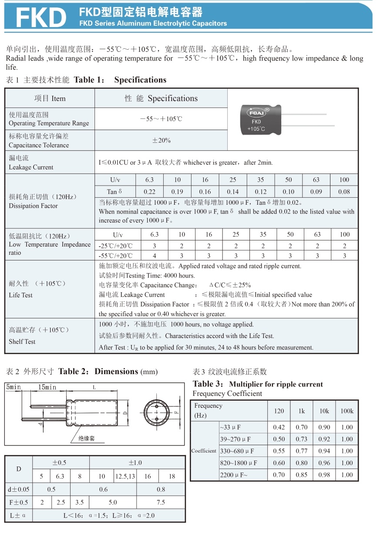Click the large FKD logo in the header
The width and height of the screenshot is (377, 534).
[41, 17]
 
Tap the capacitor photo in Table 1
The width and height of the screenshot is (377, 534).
[270, 118]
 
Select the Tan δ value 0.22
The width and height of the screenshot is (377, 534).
[149, 192]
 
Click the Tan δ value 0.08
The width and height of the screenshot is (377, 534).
[344, 192]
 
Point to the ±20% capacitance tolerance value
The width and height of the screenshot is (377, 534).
[161, 140]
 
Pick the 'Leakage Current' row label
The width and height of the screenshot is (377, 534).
[31, 167]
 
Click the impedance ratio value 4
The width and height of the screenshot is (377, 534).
[155, 256]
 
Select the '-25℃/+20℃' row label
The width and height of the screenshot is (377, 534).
[116, 245]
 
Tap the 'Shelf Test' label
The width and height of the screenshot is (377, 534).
[22, 341]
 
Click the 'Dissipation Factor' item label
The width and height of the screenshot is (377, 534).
[33, 206]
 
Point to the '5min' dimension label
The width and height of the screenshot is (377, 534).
[13, 387]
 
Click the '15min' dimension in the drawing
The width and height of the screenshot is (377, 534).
[47, 387]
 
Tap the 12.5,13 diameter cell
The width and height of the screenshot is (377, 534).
[125, 476]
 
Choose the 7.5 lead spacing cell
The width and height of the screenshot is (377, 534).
[161, 502]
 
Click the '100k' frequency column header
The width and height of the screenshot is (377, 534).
[347, 411]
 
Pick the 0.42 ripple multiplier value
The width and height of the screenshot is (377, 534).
[279, 427]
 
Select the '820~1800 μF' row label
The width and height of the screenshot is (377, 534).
[239, 463]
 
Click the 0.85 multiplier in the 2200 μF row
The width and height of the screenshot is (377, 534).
[302, 475]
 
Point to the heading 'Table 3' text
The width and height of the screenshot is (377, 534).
[209, 384]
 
